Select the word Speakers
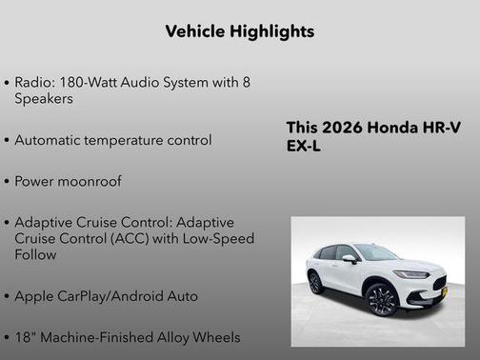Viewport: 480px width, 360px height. click(44, 98)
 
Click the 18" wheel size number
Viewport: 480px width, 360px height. click(24, 337)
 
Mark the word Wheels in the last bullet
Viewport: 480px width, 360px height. click(218, 337)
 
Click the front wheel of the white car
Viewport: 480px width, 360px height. click(381, 298)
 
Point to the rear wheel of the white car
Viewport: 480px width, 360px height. click(315, 283)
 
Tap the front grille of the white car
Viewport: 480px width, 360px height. click(438, 284)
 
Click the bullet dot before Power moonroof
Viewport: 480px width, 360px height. click(8, 182)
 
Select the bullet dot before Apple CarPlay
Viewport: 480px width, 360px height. click(8, 297)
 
